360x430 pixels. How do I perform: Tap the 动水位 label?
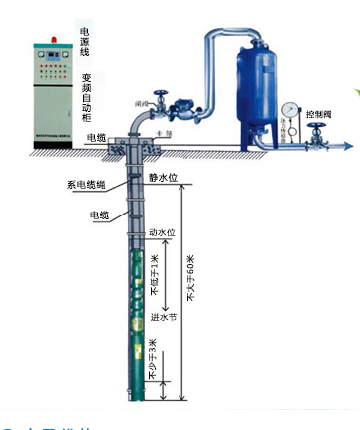click(162, 232)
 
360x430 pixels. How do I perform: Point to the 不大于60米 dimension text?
click(192, 278)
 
